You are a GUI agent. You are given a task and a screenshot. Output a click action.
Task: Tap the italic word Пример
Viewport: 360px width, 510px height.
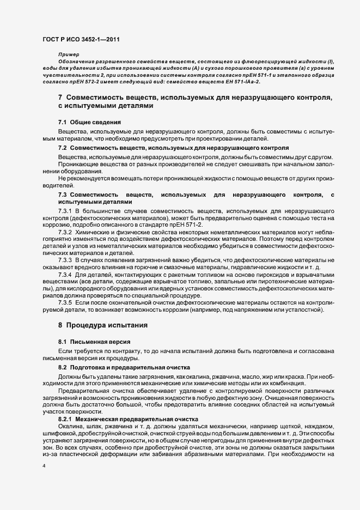coord(69,56)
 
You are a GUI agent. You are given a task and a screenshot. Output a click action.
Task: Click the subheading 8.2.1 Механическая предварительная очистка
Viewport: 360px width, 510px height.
coord(127,418)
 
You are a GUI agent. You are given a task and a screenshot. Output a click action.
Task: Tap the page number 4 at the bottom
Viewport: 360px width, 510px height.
coord(43,467)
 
